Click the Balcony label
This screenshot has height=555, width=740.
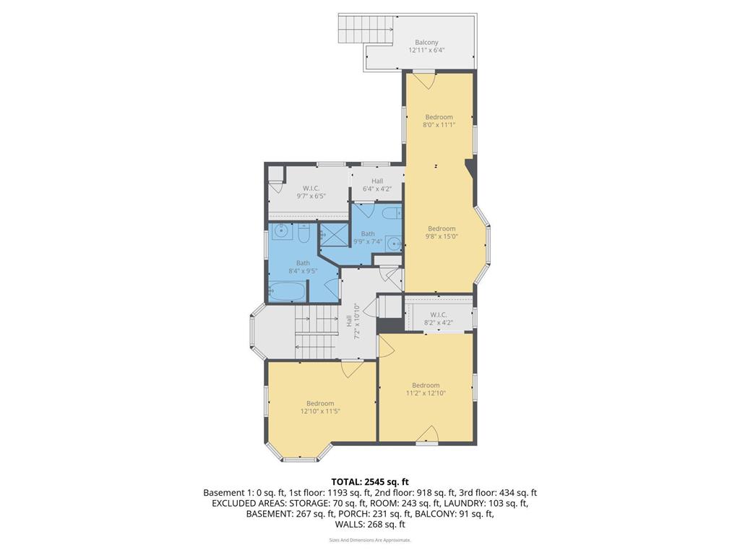pos(426,46)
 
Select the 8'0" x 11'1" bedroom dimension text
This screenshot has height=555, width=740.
pos(439,125)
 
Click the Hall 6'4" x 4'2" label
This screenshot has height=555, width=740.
pos(377,186)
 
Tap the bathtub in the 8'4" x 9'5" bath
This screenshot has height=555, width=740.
pos(287,291)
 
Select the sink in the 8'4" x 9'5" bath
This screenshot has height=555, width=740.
pos(280,233)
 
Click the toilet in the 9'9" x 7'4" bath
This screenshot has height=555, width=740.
pos(390,213)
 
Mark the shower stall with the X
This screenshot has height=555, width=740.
pos(333,233)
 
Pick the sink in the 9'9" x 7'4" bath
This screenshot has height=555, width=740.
pos(393,244)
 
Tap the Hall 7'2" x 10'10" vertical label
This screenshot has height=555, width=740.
pos(353,322)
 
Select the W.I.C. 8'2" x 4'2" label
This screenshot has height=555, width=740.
pos(439,319)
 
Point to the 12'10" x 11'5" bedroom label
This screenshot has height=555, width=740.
pos(320,408)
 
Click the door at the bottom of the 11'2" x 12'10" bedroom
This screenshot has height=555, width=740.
pos(428,434)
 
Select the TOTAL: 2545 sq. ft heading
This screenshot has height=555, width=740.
pos(370,481)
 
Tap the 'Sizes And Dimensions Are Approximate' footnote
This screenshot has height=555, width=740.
pos(370,540)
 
